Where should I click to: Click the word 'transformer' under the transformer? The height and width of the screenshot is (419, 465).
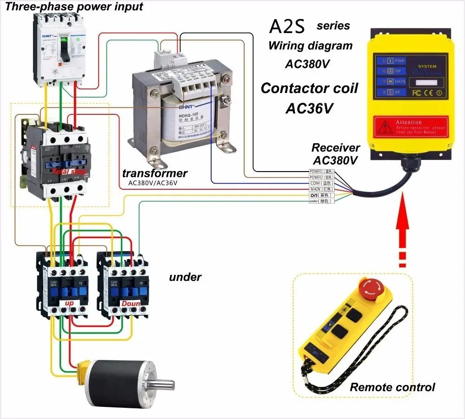click(155, 173)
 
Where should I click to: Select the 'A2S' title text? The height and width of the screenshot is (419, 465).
click(287, 27)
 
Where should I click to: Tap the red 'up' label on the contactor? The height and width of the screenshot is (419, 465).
click(69, 303)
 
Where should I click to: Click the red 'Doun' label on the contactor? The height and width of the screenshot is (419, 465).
click(131, 303)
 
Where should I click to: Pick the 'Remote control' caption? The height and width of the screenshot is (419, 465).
click(392, 387)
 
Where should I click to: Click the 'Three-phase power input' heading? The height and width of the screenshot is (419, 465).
click(74, 7)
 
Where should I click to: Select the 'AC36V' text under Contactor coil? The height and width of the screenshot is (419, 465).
click(309, 108)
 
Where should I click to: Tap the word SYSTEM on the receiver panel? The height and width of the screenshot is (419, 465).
click(427, 67)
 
